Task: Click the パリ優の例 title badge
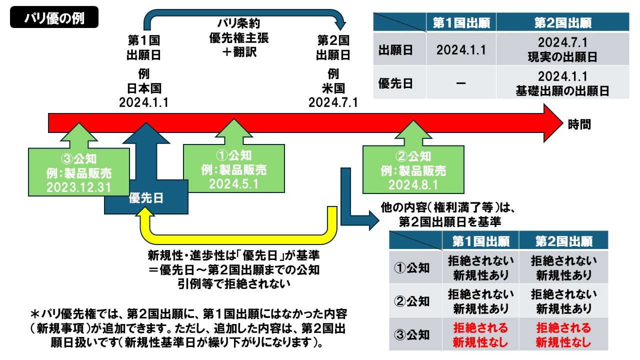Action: [54, 18]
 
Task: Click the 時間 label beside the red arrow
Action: [579, 124]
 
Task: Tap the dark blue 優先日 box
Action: [146, 198]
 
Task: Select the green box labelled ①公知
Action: [233, 169]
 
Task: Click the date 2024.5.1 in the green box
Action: [233, 184]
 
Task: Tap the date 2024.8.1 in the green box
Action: [413, 185]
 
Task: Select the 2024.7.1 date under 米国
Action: [333, 102]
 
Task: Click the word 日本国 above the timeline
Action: [144, 88]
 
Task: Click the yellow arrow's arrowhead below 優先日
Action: [145, 216]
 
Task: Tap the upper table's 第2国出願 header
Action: [562, 23]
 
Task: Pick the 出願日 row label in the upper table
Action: [395, 51]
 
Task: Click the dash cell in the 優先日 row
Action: [461, 83]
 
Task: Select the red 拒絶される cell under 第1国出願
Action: [480, 335]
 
